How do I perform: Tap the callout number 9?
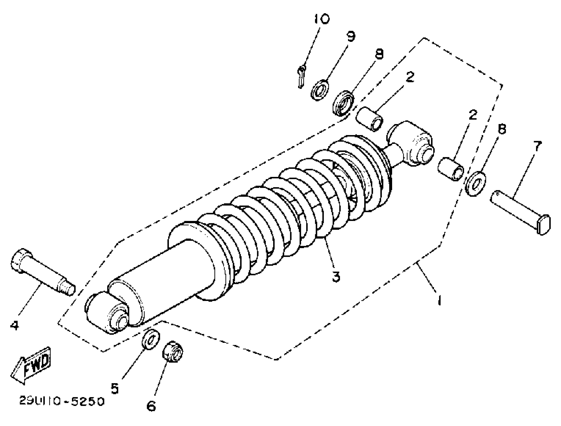pyautogui.click(x=351, y=37)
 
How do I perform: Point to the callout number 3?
pyautogui.click(x=336, y=277)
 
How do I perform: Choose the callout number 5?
pyautogui.click(x=115, y=388)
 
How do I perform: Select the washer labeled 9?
pyautogui.click(x=320, y=90)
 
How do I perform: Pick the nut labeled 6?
pyautogui.click(x=173, y=352)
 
